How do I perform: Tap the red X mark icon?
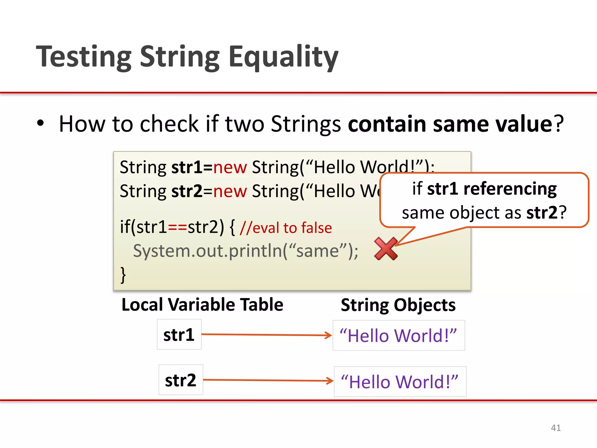pos(386,249)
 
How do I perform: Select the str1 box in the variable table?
pos(179,335)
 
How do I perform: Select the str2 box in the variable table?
pos(181,380)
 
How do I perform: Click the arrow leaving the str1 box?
pos(266,335)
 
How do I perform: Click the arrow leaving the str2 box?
pos(268,380)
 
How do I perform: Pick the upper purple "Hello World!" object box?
pos(398,335)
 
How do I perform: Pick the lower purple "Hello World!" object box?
pos(400,381)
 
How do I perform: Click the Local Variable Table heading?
pos(202,305)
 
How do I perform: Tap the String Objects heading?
pos(398,305)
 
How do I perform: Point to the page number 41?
pos(556,428)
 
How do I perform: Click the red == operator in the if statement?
pos(177,227)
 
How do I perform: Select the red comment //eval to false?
pos(286,228)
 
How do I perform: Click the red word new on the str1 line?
pos(230,167)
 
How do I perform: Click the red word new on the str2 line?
pos(230,191)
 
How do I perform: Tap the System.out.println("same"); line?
pos(245,251)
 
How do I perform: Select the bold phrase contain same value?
pos(450,124)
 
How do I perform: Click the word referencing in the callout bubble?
pos(510,189)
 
